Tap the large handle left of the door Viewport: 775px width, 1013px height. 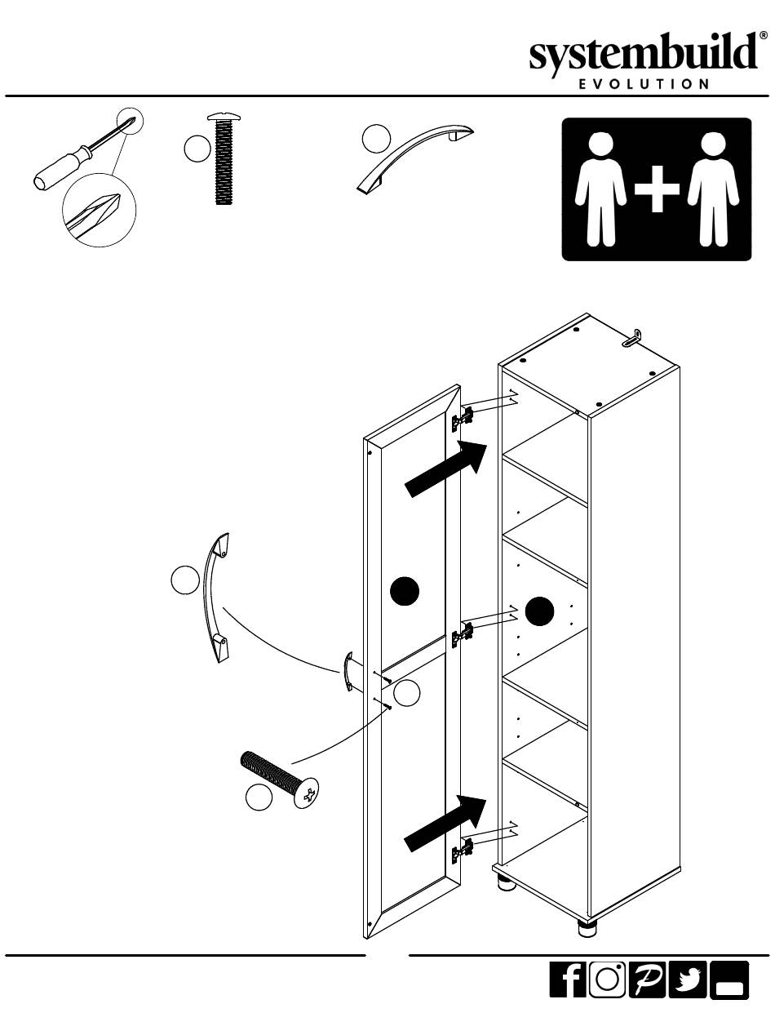pyautogui.click(x=214, y=598)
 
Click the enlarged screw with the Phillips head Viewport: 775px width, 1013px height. pyautogui.click(x=280, y=778)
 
